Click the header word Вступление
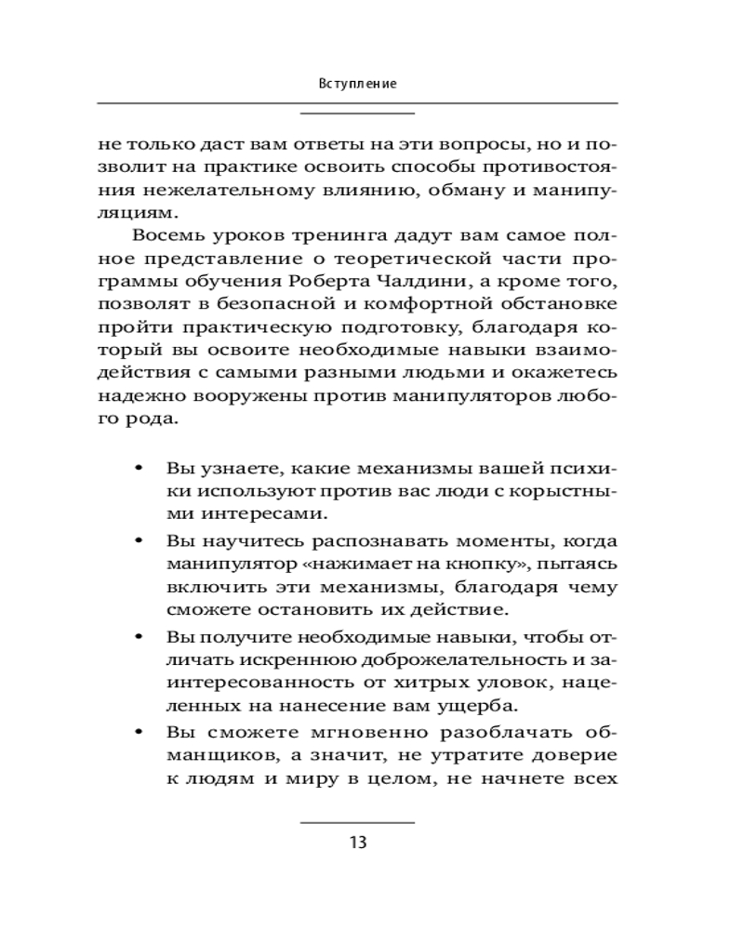coord(358,84)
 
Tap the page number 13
coord(358,844)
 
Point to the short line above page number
coord(358,823)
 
